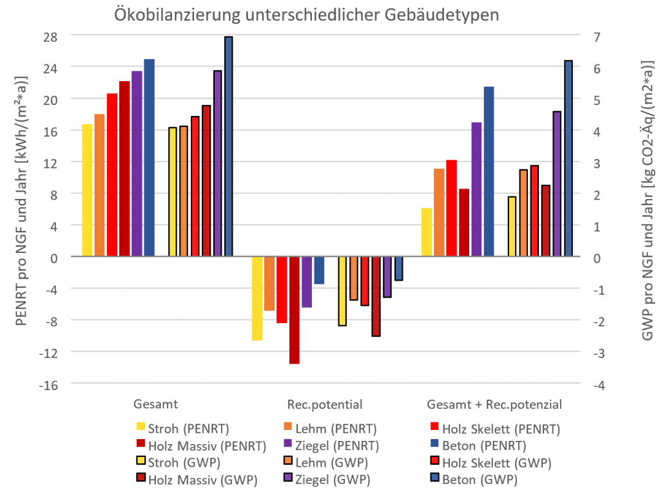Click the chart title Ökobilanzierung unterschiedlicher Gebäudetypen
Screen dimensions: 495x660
coord(306,15)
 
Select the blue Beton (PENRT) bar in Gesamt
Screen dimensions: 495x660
coord(149,158)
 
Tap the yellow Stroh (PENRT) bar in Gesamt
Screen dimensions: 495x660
coord(87,191)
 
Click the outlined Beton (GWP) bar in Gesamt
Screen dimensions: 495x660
coord(228,147)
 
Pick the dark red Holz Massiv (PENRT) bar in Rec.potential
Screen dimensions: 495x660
coord(295,310)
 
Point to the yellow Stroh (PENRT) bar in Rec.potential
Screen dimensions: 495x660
coord(257,298)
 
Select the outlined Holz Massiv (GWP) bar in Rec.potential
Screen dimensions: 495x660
coord(376,296)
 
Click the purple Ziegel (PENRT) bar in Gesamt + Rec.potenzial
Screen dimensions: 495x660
coord(476,189)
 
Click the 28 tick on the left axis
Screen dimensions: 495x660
coord(51,36)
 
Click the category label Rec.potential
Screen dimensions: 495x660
coord(324,405)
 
